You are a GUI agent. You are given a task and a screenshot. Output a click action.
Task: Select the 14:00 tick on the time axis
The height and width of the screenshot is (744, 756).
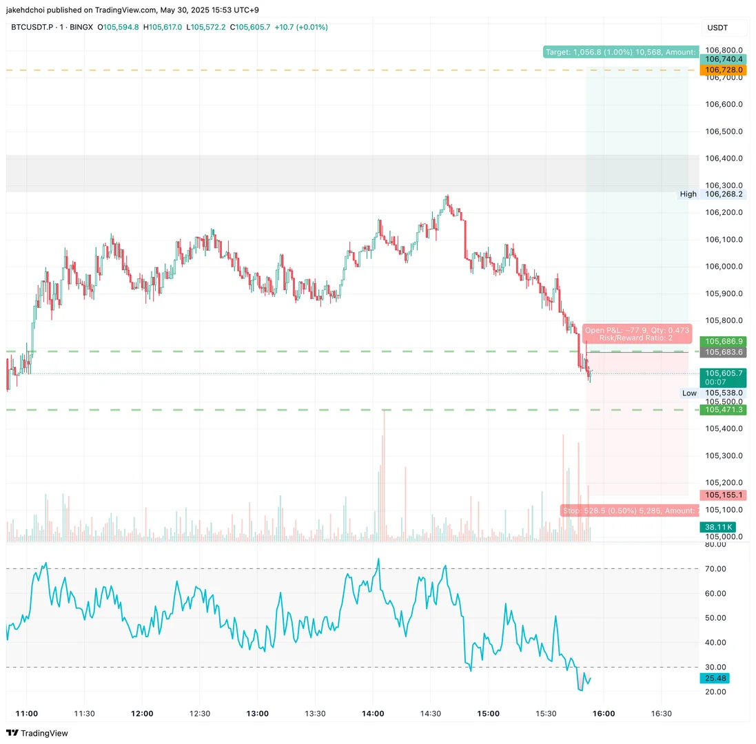coord(373,714)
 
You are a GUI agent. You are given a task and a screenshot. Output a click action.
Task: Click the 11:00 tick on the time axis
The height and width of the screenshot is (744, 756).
coord(27,714)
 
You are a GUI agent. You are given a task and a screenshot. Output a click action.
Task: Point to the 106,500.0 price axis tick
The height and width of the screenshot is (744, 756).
coord(724,132)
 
